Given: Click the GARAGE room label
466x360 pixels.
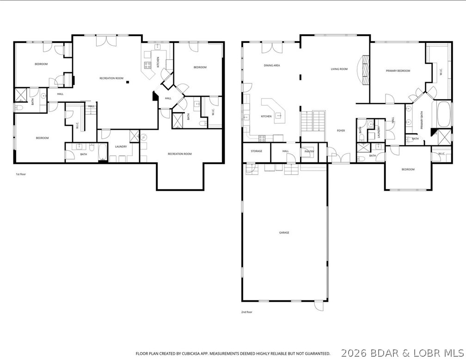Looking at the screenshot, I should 284,233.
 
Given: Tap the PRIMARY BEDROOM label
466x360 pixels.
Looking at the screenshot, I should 398,71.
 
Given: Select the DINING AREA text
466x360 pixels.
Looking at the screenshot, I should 272,66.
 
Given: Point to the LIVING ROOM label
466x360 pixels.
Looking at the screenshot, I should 339,69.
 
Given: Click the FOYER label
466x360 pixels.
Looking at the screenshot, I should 341,130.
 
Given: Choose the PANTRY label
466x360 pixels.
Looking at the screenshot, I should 309,151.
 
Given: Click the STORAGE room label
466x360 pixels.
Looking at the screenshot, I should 257,151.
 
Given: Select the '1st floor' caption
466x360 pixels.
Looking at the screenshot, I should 21,174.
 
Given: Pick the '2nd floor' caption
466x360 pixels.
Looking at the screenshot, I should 247,312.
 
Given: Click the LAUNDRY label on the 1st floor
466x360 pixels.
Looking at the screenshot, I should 121,147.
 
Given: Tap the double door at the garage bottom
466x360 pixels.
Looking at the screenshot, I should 319,305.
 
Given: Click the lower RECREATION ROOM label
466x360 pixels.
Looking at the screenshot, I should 180,154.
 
